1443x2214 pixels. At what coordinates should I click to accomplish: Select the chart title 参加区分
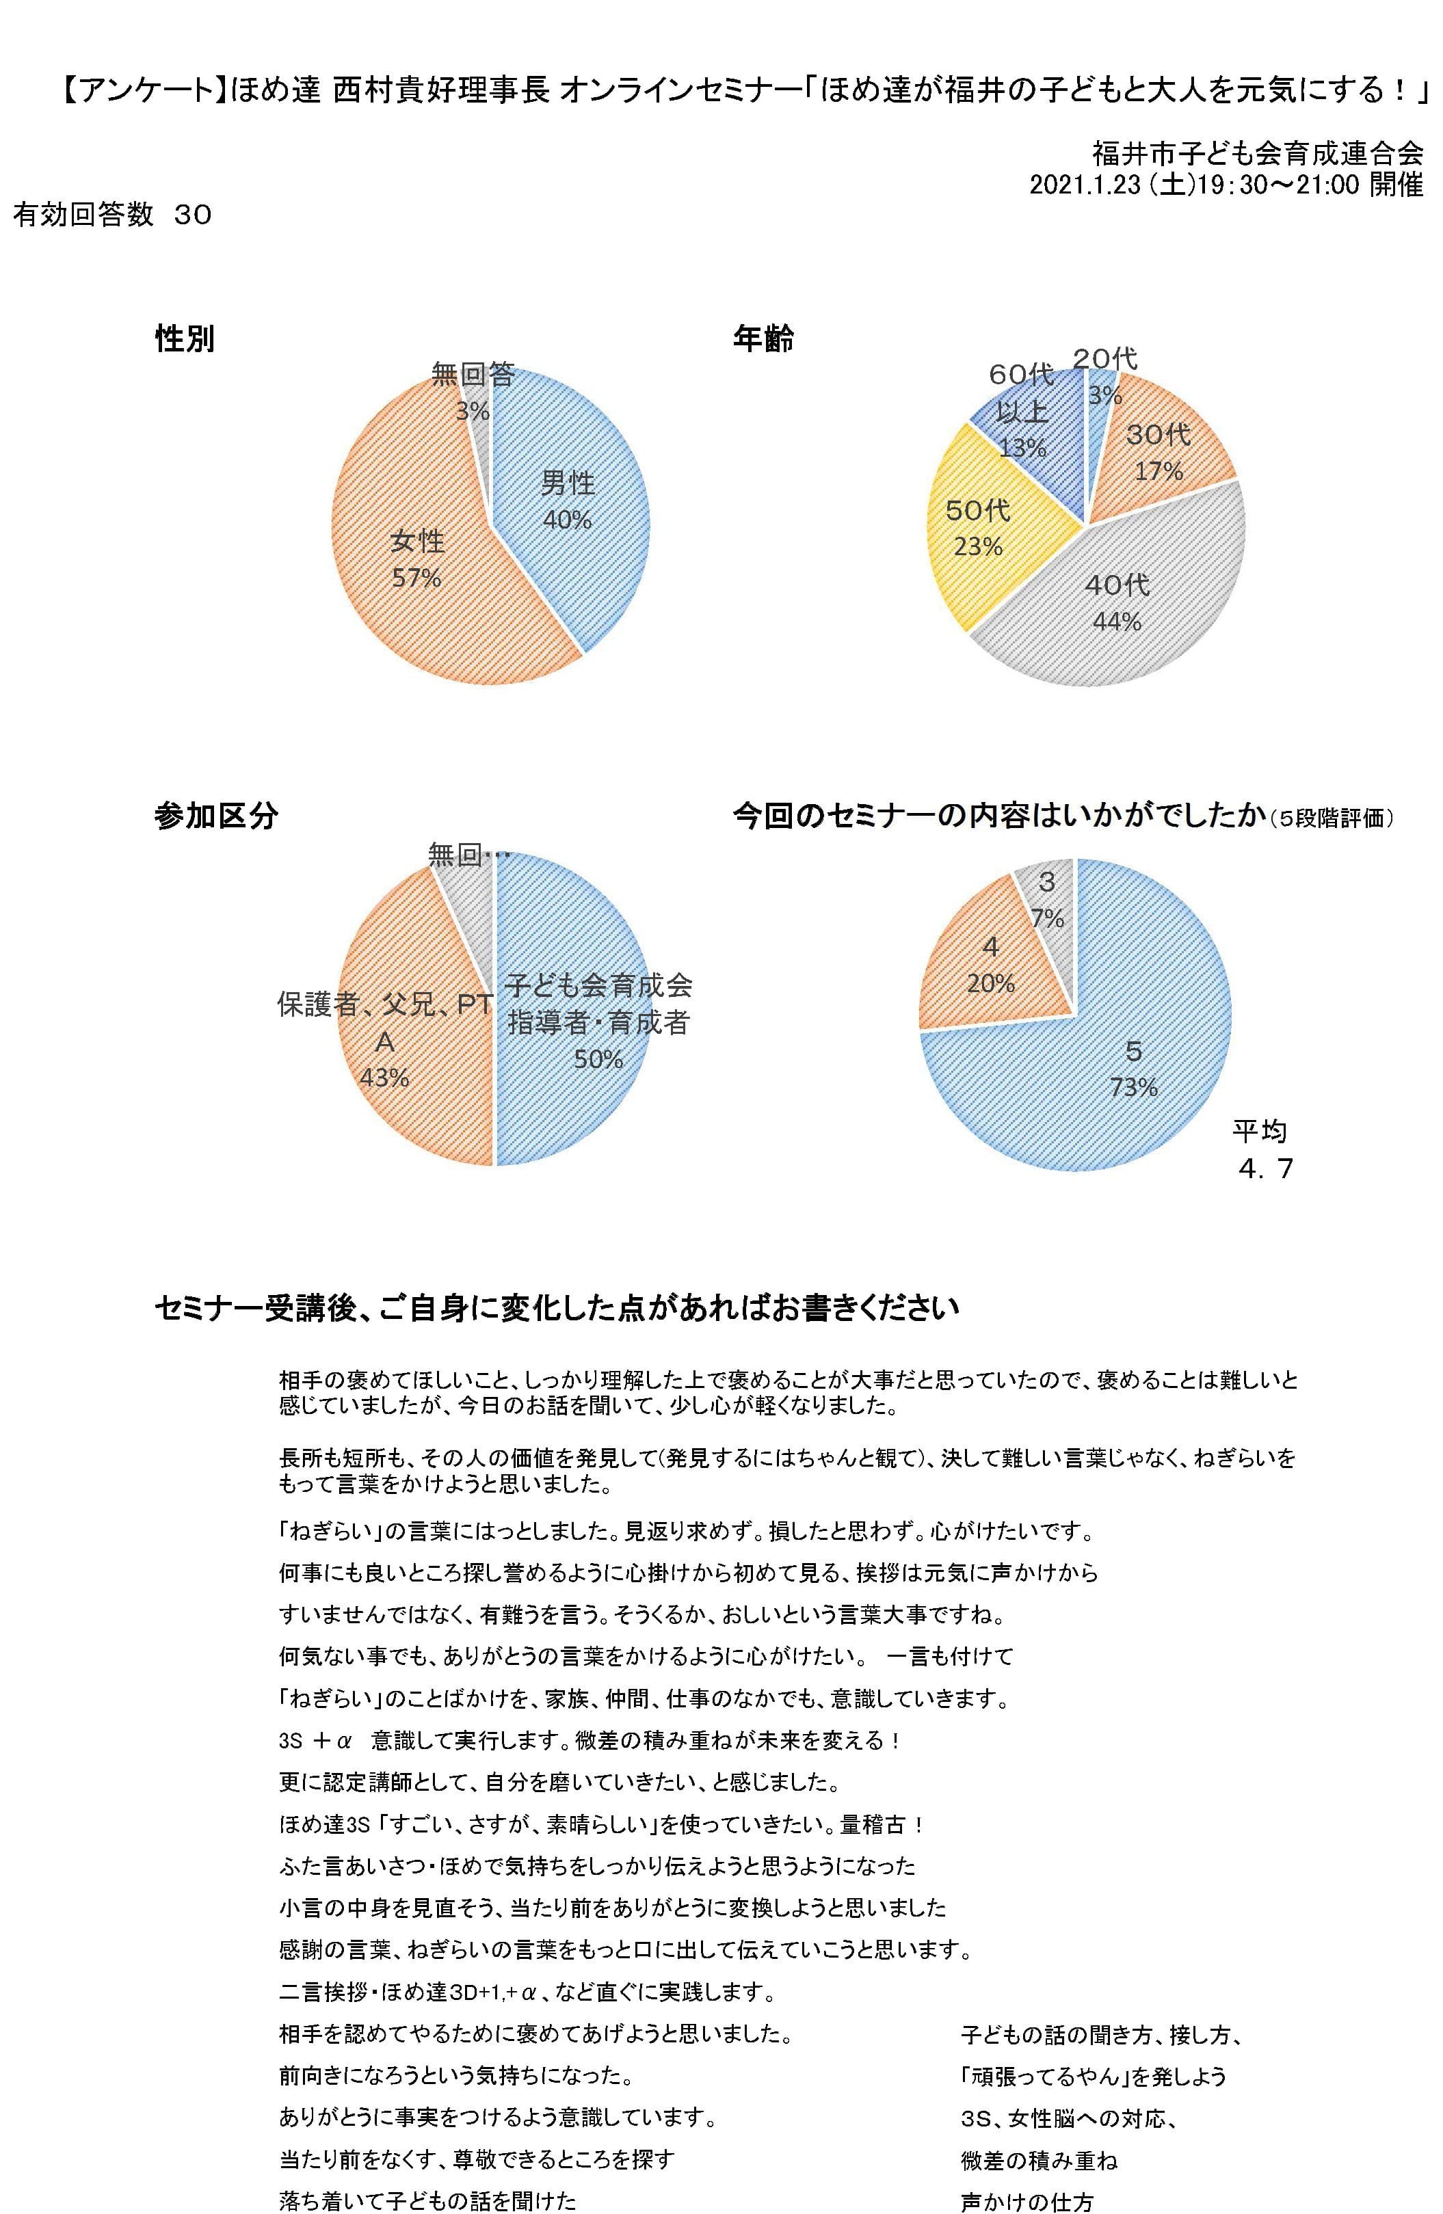tap(216, 816)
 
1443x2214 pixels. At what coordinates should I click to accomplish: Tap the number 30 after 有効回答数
tap(193, 215)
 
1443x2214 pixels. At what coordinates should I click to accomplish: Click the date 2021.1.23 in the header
tap(1085, 185)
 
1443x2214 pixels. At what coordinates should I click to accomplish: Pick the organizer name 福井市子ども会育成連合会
tap(1257, 152)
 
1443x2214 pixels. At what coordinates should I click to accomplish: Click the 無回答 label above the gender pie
tap(473, 374)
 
